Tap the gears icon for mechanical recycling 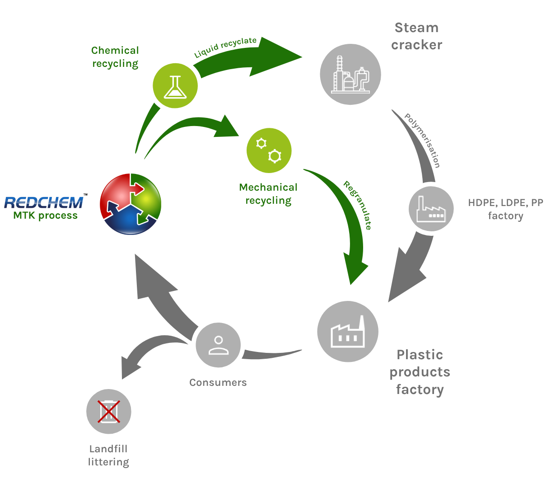tap(269, 150)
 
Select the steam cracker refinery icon tap(350, 74)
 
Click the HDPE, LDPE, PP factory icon tap(431, 208)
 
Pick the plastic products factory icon tap(348, 331)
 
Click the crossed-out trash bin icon tap(109, 411)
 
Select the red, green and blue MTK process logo tap(131, 204)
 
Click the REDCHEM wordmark tap(44, 202)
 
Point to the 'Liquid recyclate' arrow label tap(225, 47)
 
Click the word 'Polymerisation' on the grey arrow tap(422, 141)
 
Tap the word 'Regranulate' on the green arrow tap(358, 206)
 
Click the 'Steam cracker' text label tap(416, 36)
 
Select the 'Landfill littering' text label tap(108, 455)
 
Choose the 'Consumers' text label tap(218, 383)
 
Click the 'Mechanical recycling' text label tap(268, 194)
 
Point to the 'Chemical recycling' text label tap(115, 57)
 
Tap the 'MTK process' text tap(45, 216)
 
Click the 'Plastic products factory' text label tap(420, 372)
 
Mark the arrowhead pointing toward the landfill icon tap(129, 367)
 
